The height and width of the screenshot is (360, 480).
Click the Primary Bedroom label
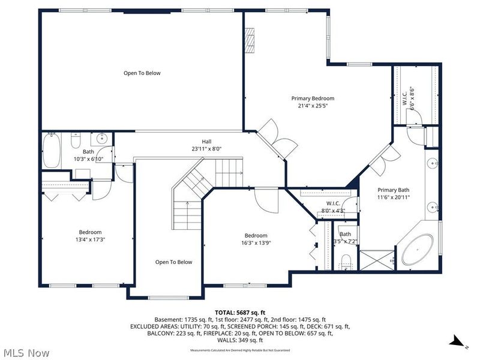(x=313, y=98)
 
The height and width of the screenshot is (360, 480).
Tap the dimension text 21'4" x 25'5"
(x=313, y=106)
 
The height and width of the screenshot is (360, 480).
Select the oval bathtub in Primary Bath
(x=416, y=250)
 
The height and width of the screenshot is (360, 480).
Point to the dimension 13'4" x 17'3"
(x=91, y=239)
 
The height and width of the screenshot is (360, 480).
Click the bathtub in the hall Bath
(x=52, y=151)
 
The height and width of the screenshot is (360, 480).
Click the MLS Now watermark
(x=27, y=353)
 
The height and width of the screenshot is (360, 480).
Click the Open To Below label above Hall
(x=142, y=73)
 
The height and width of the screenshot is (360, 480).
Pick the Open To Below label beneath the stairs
(x=173, y=262)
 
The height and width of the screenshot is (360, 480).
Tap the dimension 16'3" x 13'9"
(x=256, y=243)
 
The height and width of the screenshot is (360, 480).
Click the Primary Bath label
(x=393, y=190)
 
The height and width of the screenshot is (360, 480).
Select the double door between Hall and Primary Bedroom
(x=273, y=139)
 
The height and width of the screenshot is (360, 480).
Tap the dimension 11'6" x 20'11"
(x=393, y=197)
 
